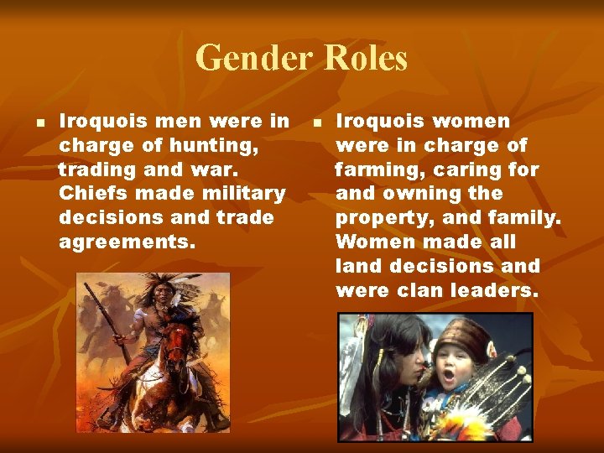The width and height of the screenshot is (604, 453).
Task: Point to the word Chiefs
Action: point(92,194)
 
